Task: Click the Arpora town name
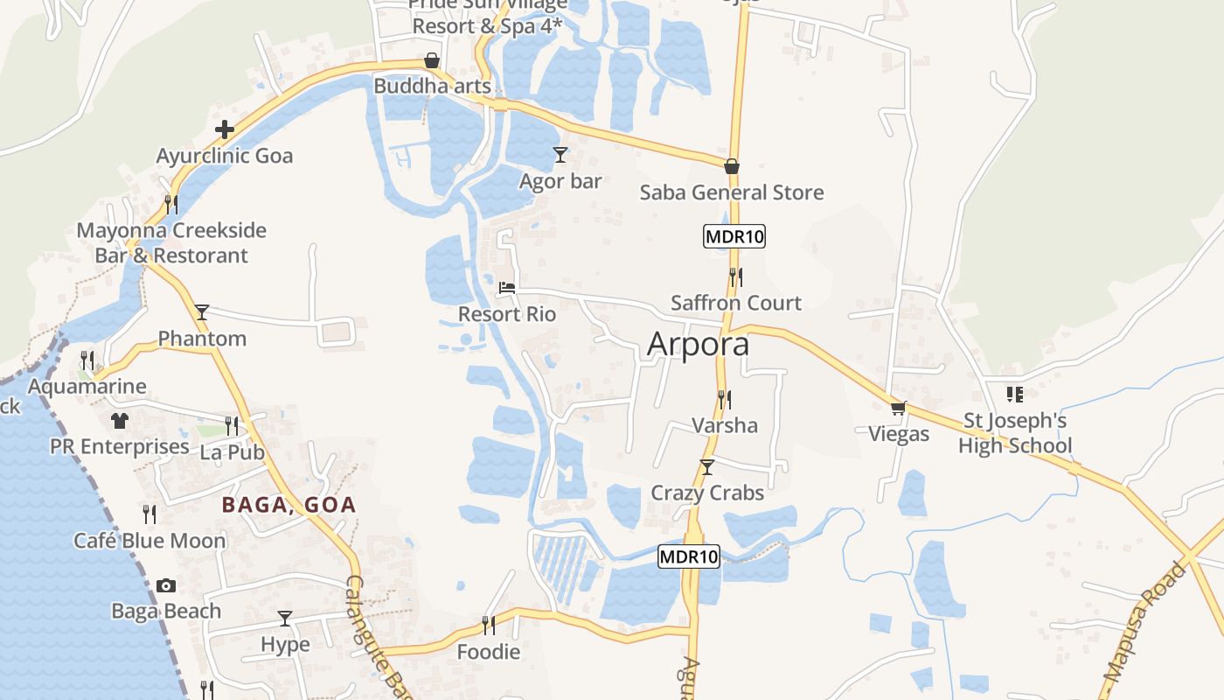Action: tap(698, 344)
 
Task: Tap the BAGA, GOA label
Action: tap(289, 505)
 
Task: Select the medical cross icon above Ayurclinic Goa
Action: tap(225, 130)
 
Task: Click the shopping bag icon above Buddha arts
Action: tap(432, 60)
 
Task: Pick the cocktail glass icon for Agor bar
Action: tap(560, 155)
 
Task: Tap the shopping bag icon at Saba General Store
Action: tap(732, 166)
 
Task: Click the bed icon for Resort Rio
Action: tap(507, 287)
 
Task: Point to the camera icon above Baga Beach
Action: tap(166, 585)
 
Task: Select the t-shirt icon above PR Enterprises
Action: tap(120, 421)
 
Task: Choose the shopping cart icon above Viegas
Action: tap(898, 408)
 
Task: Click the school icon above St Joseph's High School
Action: tap(1014, 395)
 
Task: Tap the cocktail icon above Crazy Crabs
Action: tap(707, 467)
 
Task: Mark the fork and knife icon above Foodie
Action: tap(489, 625)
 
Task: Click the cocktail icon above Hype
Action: tap(285, 619)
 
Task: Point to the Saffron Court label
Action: tap(735, 303)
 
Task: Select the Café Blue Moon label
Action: tap(150, 541)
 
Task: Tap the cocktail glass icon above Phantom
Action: tap(202, 312)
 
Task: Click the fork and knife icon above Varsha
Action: tap(724, 400)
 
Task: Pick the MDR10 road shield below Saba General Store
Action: tap(734, 236)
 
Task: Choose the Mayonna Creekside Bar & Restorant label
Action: tap(171, 243)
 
